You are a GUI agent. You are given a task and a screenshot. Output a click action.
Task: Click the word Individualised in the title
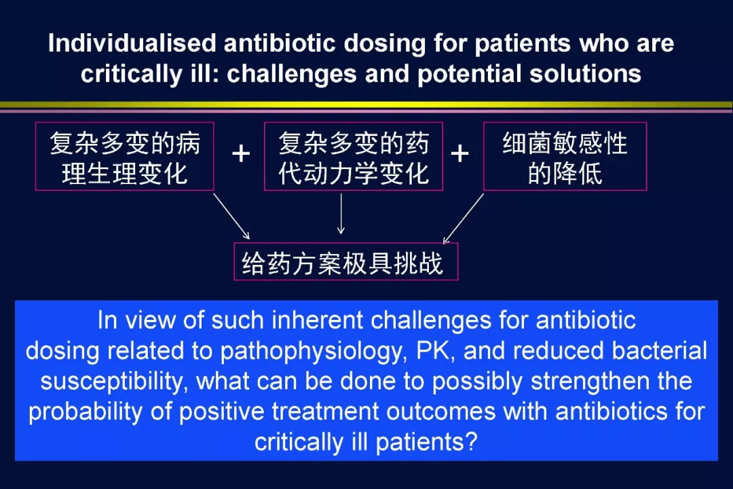pos(132,43)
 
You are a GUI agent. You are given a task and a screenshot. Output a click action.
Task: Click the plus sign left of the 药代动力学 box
pos(241,153)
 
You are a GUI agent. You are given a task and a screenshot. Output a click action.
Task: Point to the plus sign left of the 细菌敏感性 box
pos(460,153)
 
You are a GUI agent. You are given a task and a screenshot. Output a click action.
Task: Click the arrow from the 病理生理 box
pos(231,216)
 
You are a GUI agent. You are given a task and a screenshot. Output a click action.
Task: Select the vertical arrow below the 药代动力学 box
pos(341,214)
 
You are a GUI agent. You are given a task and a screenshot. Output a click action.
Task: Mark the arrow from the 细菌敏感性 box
pos(464,219)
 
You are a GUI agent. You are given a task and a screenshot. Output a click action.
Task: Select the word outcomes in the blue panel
pos(440,412)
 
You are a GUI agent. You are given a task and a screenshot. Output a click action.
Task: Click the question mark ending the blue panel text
pos(471,441)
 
